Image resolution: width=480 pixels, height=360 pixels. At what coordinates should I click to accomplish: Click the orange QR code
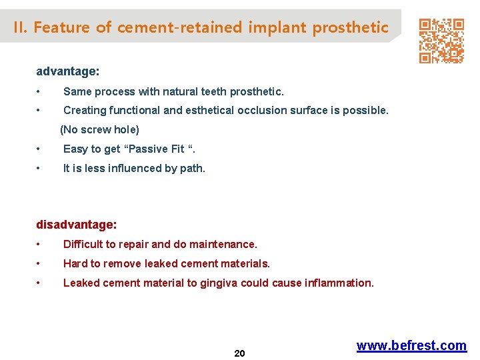441,41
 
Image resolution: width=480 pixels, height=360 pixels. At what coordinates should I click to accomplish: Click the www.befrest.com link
411,345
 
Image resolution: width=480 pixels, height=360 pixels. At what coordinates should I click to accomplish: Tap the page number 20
240,353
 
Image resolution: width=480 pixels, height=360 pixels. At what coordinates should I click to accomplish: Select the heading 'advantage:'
67,71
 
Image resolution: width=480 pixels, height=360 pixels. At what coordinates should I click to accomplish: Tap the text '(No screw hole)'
99,129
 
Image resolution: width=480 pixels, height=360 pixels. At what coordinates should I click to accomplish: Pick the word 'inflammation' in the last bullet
338,283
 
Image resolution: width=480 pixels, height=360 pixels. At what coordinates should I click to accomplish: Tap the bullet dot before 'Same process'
40,91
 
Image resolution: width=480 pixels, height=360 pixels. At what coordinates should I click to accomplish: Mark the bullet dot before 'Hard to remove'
40,264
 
